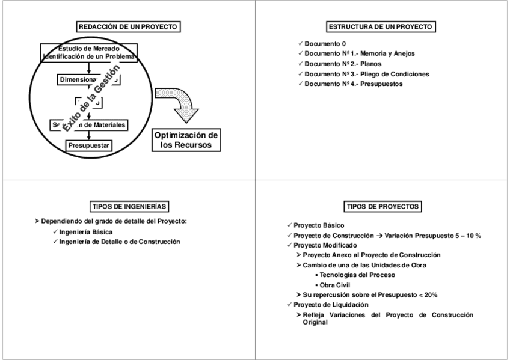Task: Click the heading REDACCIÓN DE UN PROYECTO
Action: click(129, 26)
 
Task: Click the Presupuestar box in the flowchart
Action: click(90, 145)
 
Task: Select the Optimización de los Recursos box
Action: click(186, 139)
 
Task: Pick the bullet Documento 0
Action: click(325, 44)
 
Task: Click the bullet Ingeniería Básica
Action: click(86, 231)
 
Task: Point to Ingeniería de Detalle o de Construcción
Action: click(120, 241)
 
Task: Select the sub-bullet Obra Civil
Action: click(334, 285)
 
